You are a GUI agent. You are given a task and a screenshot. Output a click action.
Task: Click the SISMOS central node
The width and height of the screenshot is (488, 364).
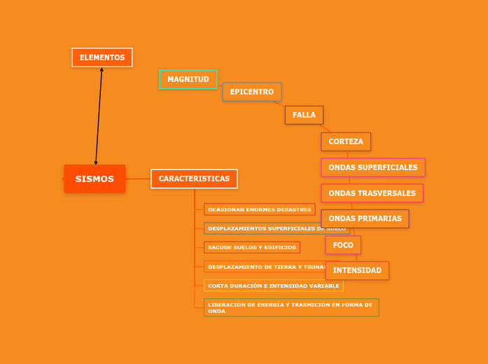tap(95, 178)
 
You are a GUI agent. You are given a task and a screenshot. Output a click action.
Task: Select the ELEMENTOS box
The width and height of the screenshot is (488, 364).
tap(102, 57)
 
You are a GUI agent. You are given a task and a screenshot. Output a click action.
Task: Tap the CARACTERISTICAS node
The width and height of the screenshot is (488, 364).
tap(194, 178)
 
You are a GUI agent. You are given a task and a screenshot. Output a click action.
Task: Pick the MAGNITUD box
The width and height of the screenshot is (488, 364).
tap(188, 79)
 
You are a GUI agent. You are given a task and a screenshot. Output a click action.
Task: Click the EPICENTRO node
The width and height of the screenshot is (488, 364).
tap(252, 92)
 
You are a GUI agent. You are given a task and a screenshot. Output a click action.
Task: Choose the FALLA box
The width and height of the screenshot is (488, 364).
tap(304, 115)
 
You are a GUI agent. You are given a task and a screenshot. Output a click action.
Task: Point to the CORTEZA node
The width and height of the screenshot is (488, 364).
tap(346, 141)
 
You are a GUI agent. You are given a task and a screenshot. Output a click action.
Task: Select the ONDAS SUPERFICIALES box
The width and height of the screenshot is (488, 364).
tap(372, 167)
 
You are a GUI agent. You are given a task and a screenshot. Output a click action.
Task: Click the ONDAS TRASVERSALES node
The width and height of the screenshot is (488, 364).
tap(372, 193)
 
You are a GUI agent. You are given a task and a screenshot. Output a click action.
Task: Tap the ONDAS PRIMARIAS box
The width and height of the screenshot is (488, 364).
tap(365, 218)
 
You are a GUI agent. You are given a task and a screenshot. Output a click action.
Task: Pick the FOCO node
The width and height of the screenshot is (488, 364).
tap(343, 245)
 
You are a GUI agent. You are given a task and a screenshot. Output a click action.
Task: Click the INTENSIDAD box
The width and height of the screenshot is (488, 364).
tap(357, 270)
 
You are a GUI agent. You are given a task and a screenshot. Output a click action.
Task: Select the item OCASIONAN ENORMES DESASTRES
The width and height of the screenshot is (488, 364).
tap(259, 209)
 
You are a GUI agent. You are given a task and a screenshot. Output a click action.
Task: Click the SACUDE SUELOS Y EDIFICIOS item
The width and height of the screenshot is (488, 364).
tap(252, 247)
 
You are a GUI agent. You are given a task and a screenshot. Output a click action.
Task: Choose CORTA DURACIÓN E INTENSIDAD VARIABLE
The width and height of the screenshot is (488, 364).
tap(273, 286)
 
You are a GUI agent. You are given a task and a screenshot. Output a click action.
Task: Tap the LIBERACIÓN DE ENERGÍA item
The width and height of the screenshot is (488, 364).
tap(291, 305)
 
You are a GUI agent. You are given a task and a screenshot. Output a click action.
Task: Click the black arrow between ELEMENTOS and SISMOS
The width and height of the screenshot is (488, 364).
tap(99, 115)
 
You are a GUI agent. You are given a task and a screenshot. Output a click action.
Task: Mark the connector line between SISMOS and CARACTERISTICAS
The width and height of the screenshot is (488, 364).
tap(138, 178)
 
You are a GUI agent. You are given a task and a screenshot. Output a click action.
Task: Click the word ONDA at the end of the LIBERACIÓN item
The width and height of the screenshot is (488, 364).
tap(216, 311)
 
